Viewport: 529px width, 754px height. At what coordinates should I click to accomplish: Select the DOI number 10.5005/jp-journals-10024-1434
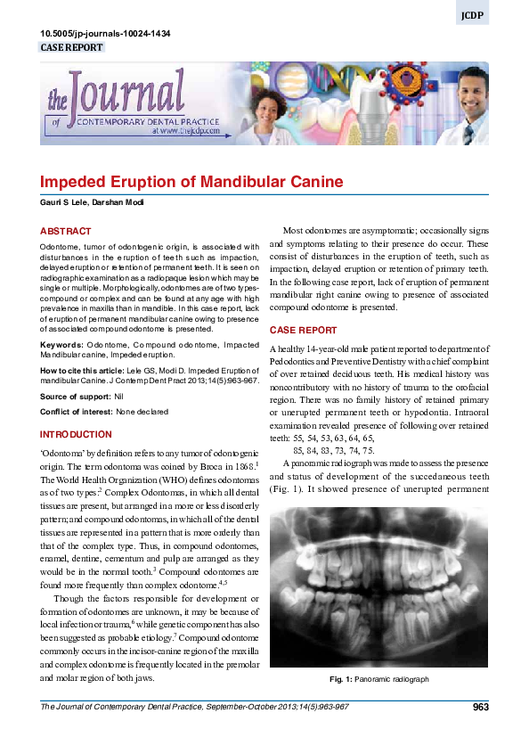coord(106,34)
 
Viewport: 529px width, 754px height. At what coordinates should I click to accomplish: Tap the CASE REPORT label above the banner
coord(72,47)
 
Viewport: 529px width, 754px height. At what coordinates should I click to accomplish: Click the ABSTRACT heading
coord(66,231)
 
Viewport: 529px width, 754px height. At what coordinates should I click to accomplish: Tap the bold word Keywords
coord(61,343)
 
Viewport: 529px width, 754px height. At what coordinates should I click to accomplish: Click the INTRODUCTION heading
coord(77,434)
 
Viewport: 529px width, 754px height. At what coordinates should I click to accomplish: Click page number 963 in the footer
coord(480,707)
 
